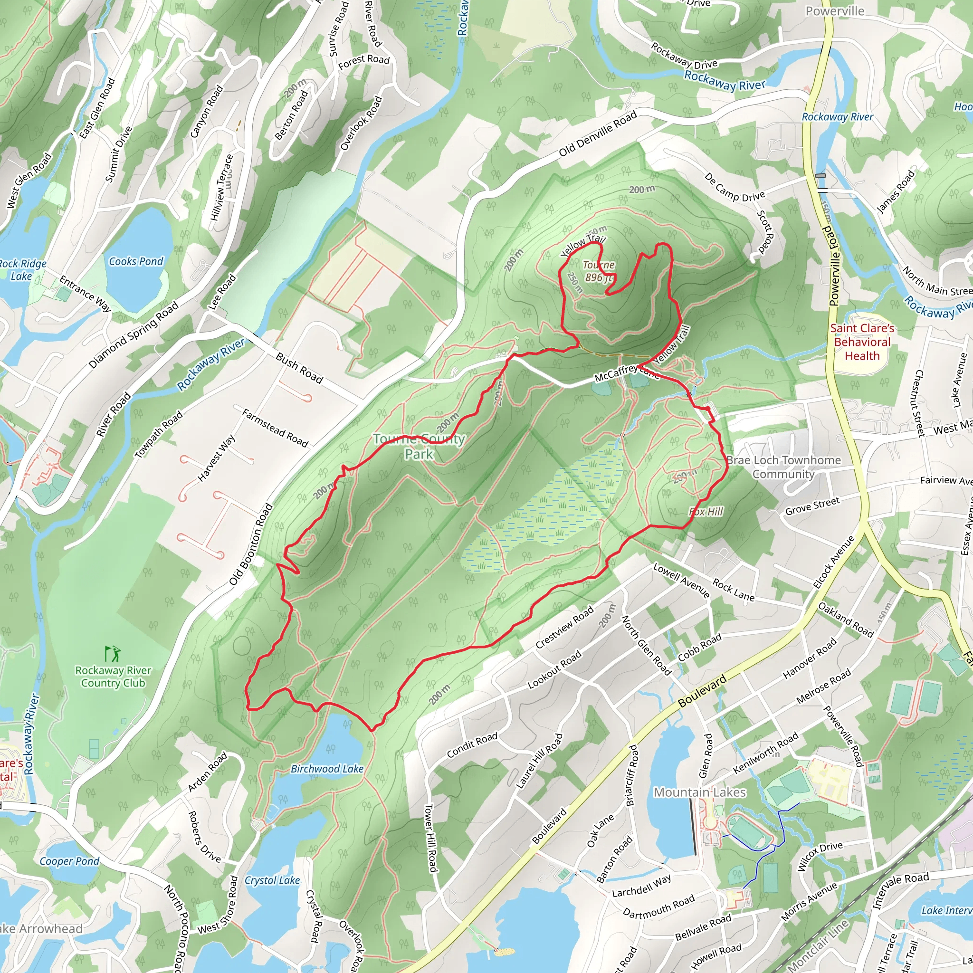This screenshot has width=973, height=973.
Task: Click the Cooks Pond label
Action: click(136, 261)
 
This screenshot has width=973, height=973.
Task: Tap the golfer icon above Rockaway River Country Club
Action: click(113, 654)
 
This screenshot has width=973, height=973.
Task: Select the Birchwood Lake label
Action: click(327, 769)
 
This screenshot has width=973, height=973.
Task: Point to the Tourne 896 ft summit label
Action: click(599, 271)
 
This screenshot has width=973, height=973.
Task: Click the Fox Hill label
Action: click(706, 512)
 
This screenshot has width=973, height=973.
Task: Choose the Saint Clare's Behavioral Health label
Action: click(862, 342)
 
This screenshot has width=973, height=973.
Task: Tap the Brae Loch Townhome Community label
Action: click(783, 467)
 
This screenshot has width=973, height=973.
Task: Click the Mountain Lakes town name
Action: click(699, 792)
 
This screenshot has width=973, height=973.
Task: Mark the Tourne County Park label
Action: click(419, 446)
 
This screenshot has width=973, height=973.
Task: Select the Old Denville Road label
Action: click(598, 134)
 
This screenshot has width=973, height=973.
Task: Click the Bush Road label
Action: click(299, 368)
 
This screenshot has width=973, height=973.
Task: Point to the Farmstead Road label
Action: click(275, 428)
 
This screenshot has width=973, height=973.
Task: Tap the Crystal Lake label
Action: click(272, 880)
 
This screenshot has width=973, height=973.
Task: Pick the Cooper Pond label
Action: click(69, 861)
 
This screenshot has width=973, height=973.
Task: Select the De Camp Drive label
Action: click(735, 187)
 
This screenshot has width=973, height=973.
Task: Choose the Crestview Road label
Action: click(564, 627)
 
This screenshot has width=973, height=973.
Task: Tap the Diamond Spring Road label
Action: click(134, 335)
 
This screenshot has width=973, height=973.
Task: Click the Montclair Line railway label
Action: click(818, 944)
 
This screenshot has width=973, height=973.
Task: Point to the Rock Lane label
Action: click(733, 590)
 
